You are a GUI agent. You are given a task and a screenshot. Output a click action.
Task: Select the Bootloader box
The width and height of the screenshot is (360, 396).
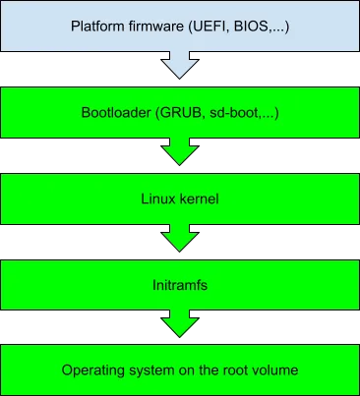[180, 113]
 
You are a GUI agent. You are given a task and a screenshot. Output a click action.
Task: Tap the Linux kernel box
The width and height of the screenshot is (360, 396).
[180, 198]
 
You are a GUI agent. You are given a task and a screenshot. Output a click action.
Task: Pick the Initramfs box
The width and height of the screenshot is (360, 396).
[180, 283]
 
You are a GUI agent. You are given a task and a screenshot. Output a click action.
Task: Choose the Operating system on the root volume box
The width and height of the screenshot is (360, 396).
[180, 369]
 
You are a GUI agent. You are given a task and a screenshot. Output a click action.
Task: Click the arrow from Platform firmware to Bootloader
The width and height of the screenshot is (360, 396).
[180, 64]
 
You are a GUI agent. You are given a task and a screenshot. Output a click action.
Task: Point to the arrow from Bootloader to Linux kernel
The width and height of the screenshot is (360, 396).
[180, 152]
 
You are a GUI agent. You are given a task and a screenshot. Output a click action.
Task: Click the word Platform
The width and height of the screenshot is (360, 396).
[95, 25]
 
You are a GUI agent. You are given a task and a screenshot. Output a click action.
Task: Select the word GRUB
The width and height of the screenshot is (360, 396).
[175, 113]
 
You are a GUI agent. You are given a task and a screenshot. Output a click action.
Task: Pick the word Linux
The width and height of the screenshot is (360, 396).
[158, 198]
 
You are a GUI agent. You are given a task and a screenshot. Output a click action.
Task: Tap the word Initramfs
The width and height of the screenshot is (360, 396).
[180, 283]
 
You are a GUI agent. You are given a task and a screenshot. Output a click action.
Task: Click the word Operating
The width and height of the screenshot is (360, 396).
[92, 370]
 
